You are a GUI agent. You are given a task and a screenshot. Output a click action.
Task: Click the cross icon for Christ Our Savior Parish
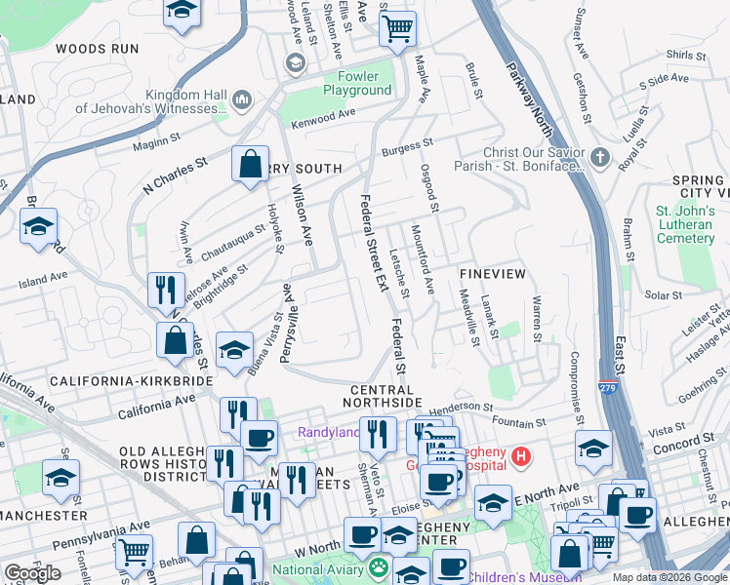pyautogui.click(x=599, y=157)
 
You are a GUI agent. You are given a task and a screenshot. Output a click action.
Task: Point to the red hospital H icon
pyautogui.click(x=522, y=455)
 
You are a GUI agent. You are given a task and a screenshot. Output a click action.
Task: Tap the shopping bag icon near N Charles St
pyautogui.click(x=250, y=164)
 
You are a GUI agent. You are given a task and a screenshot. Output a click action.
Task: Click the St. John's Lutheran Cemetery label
pyautogui.click(x=685, y=224)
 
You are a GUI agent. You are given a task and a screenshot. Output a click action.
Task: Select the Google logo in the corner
pyautogui.click(x=33, y=573)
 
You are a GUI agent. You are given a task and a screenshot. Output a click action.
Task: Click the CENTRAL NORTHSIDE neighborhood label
pyautogui.click(x=385, y=390)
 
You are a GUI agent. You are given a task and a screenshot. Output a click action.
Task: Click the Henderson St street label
pyautogui.click(x=459, y=407)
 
